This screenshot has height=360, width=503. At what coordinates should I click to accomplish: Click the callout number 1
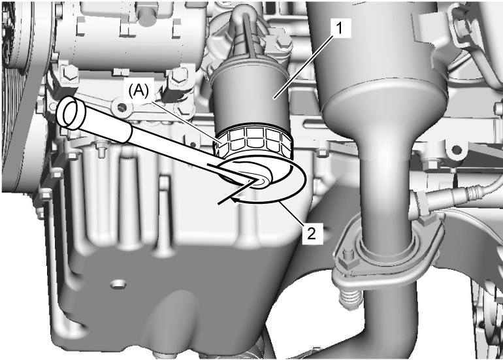[x=339, y=29]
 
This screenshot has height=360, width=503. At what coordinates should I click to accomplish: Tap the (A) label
[x=138, y=91]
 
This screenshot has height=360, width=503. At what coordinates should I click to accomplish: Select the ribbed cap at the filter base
[x=253, y=143]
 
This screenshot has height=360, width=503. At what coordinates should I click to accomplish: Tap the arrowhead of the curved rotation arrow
[x=236, y=200]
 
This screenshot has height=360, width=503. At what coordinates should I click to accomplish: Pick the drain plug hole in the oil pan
[x=118, y=284]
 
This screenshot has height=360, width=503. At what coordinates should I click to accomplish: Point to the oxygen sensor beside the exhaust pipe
[x=449, y=196]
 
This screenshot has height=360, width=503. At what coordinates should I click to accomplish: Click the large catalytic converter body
[x=378, y=64]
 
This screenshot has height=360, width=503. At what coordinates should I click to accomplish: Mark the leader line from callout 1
[x=306, y=66]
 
